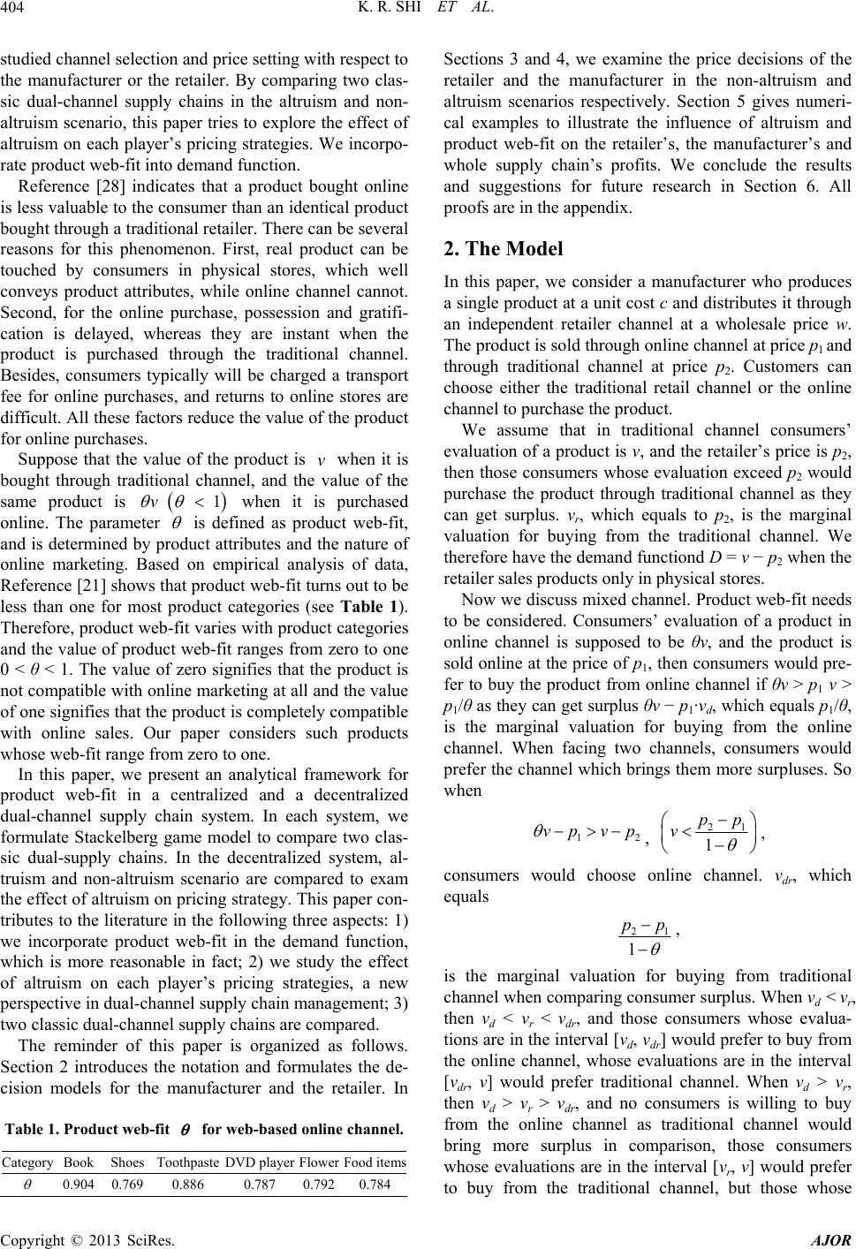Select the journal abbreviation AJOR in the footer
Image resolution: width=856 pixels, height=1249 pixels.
[834, 1238]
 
